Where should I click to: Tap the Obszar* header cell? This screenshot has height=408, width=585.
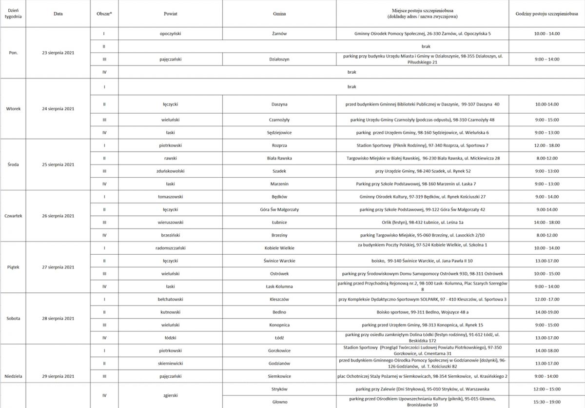(x=104, y=14)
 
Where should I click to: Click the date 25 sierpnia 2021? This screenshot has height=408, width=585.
(x=58, y=164)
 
